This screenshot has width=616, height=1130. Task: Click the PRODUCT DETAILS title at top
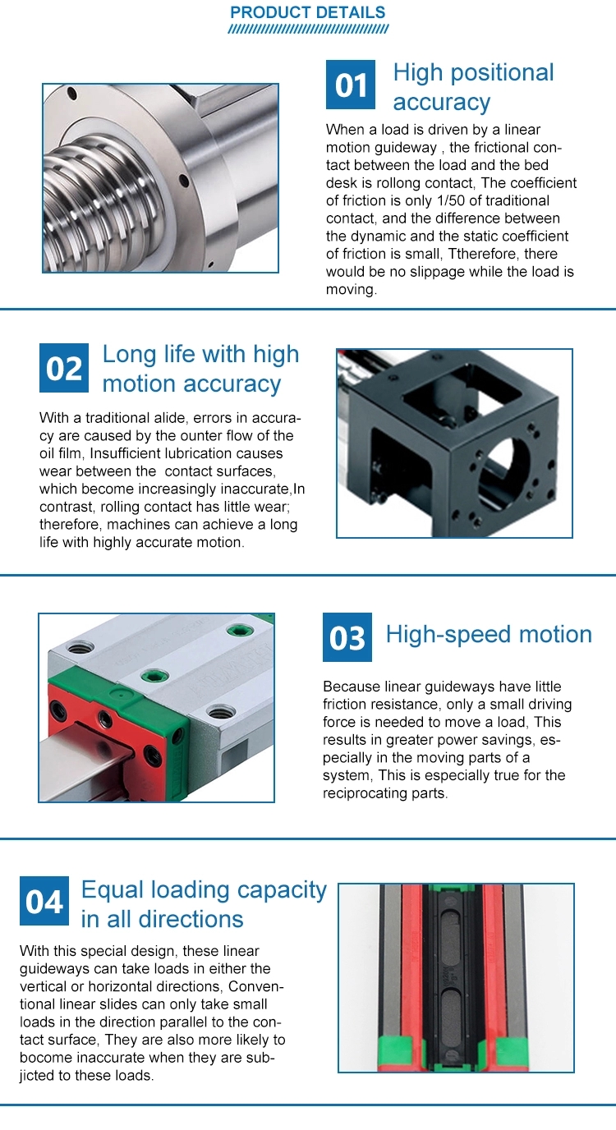pos(307,12)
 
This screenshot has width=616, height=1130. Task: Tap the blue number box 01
pos(351,85)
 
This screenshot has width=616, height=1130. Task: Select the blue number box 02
pos(63,368)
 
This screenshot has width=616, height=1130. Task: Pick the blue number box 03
pos(347,637)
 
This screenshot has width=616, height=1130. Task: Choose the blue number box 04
pos(44,901)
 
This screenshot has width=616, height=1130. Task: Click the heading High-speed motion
pos(489,634)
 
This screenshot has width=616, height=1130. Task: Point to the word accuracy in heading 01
pos(441,103)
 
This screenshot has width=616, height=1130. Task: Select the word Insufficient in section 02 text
pos(126,453)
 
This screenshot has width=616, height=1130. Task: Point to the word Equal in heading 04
pos(113,890)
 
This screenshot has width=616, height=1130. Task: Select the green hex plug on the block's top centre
pos(154,676)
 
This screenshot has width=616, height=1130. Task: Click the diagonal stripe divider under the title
pos(307,30)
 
